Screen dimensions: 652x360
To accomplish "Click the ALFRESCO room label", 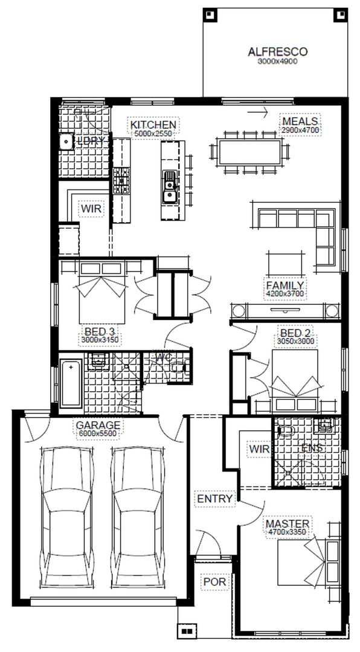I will [x=277, y=52].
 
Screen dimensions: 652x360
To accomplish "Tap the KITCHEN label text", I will [x=153, y=125].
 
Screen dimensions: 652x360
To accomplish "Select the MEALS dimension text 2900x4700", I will [x=300, y=130].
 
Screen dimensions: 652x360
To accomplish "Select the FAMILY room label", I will [x=284, y=285].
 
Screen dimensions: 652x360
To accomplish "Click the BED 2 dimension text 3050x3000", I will [x=295, y=340].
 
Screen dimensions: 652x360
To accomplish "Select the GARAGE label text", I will [x=98, y=424].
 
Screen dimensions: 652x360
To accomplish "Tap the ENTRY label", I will [x=214, y=499].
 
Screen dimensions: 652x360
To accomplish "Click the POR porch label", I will [x=214, y=581].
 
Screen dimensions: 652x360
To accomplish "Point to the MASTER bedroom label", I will [x=288, y=523].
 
